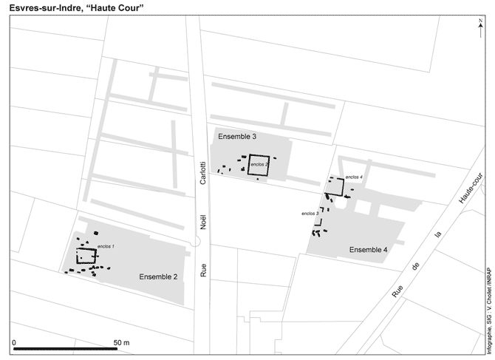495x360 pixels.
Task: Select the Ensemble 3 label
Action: tap(237, 137)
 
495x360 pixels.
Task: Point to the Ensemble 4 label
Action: tap(368, 249)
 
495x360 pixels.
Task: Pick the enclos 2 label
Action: tap(259, 163)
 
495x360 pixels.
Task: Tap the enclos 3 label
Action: tap(310, 213)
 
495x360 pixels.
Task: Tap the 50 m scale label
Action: tap(121, 342)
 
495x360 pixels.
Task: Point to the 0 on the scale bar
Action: tap(14, 342)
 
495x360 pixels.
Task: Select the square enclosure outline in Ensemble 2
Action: tap(86, 256)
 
